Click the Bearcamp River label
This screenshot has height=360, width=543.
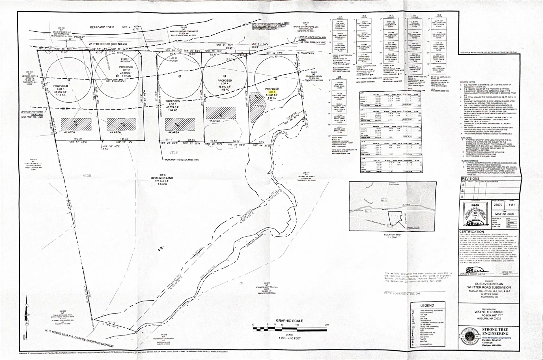102,27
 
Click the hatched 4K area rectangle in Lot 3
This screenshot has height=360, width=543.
180,124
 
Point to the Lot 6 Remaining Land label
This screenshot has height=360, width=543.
161,178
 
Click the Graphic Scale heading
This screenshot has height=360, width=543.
289,321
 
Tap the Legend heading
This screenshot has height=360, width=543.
427,305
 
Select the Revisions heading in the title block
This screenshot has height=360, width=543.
470,179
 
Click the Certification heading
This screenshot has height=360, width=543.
471,232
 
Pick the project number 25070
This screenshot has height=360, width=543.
498,205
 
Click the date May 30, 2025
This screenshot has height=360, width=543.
504,214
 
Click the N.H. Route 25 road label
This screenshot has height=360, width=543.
79,338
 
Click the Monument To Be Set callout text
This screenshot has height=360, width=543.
182,160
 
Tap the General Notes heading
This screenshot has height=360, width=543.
467,82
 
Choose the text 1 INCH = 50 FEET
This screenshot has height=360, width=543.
289,338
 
